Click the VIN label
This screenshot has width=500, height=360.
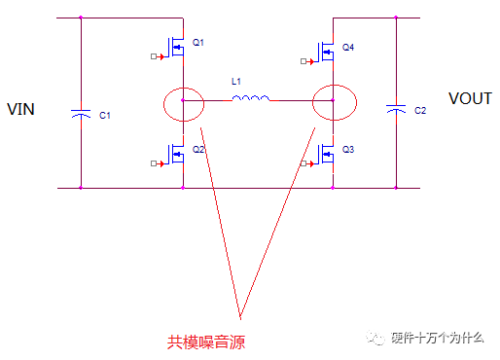(x=20, y=109)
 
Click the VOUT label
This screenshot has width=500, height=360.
(x=471, y=98)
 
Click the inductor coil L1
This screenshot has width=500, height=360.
(x=251, y=97)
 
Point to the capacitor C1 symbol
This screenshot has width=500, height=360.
(x=81, y=115)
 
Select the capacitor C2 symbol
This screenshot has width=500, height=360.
(x=396, y=110)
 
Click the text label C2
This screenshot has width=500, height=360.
(x=420, y=111)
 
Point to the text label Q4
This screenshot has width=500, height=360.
(x=349, y=48)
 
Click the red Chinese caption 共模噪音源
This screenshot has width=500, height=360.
(x=206, y=342)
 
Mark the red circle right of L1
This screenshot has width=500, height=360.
(x=333, y=102)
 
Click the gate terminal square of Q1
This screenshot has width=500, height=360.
(x=154, y=56)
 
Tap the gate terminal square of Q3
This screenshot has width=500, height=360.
(x=304, y=163)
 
